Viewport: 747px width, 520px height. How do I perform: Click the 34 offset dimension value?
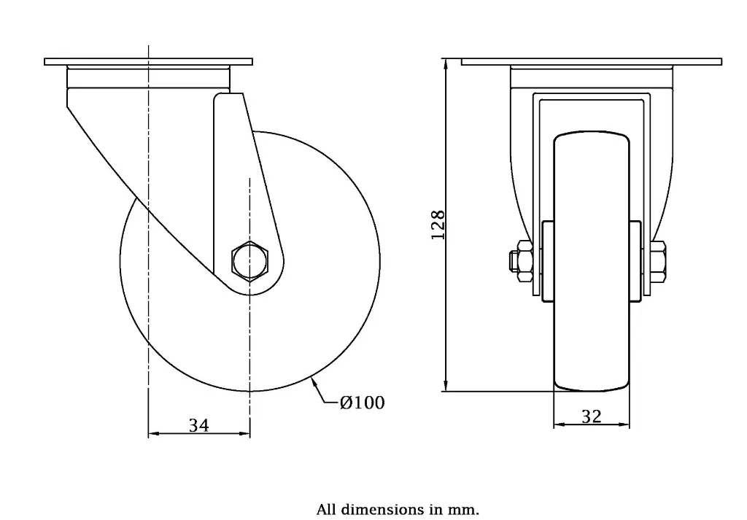click(x=198, y=425)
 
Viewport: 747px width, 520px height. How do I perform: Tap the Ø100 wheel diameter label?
click(x=362, y=402)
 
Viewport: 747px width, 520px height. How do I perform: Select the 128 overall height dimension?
click(x=438, y=225)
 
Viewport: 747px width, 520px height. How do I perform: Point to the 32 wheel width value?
click(x=592, y=416)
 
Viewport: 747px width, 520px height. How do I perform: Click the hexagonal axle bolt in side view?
click(x=250, y=260)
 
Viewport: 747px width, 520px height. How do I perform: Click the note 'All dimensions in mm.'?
click(x=398, y=509)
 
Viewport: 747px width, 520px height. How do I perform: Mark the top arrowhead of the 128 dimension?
click(x=446, y=63)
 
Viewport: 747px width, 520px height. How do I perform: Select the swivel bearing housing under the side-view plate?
click(x=148, y=78)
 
